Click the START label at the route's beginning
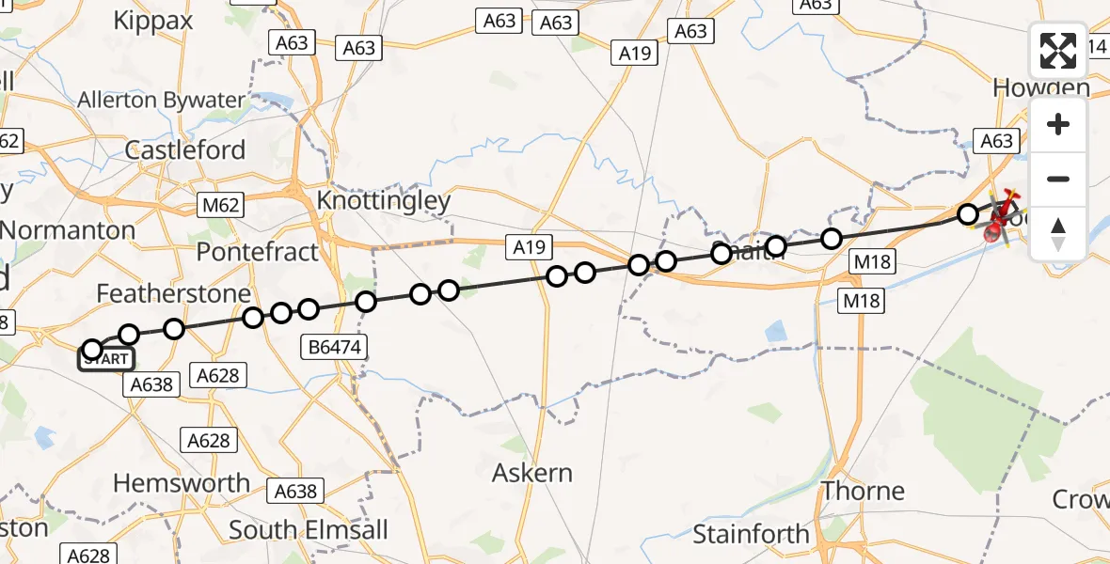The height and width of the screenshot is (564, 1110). (107, 359)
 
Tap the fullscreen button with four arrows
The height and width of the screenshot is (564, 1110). (1058, 51)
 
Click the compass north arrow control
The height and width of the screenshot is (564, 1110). (1058, 233)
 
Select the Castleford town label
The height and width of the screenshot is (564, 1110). (185, 150)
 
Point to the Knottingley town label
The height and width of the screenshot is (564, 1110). (384, 200)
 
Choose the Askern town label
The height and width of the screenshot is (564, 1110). (532, 473)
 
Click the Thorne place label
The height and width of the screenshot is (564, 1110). (863, 491)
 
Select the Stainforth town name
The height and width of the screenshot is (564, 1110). (751, 534)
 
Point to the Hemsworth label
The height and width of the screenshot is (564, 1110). (182, 483)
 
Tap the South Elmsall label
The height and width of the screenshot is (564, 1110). (309, 529)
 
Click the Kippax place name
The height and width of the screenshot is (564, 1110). (152, 21)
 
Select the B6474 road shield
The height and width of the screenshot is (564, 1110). (336, 348)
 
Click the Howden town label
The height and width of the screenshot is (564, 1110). (1041, 88)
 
